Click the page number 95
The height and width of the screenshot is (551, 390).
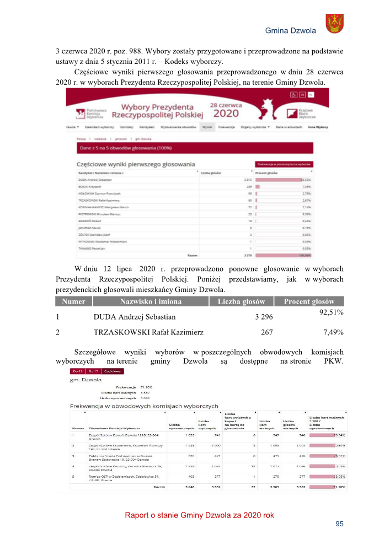click(339, 524)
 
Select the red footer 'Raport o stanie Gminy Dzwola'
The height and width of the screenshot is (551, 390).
click(199, 515)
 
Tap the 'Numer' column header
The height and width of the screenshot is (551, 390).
click(73, 301)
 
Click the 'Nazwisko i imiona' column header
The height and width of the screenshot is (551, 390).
click(151, 301)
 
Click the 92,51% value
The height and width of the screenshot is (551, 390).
click(332, 313)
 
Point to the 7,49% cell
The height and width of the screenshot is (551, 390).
click(333, 332)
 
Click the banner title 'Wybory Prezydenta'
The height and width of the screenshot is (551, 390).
click(157, 106)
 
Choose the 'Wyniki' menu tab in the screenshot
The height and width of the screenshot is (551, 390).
click(207, 127)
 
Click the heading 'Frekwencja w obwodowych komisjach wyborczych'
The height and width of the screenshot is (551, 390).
click(143, 406)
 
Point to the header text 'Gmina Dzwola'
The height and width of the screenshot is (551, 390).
click(291, 31)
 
